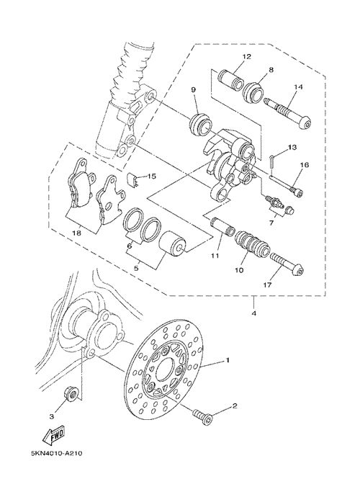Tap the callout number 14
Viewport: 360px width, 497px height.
click(x=298, y=87)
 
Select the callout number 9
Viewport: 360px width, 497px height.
click(x=193, y=90)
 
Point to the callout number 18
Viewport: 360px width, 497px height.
click(x=77, y=233)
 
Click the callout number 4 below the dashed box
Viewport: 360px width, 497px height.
click(x=254, y=313)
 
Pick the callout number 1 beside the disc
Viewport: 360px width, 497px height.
click(x=228, y=360)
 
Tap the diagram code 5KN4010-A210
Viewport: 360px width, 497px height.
click(x=57, y=453)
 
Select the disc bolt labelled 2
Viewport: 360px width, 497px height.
click(x=203, y=416)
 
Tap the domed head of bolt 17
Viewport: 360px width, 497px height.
click(x=298, y=270)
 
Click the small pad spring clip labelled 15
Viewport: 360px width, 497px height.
click(x=132, y=180)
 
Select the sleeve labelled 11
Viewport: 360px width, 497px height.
click(x=222, y=225)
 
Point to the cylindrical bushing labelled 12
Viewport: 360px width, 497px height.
click(x=231, y=79)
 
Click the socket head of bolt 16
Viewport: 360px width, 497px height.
click(x=297, y=192)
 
